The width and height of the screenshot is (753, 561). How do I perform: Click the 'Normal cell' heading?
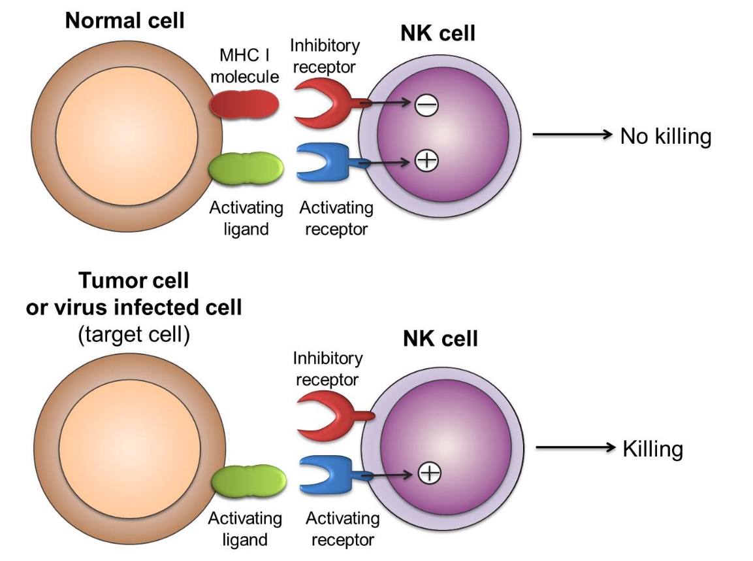[x=124, y=20]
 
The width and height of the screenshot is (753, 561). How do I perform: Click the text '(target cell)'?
[x=134, y=334]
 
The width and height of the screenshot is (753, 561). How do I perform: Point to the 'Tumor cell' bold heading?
[x=134, y=281]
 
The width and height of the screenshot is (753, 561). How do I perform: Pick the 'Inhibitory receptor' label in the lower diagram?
[x=327, y=369]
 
